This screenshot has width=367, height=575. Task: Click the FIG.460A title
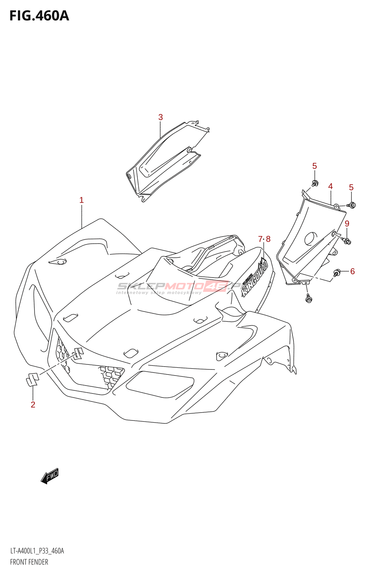39,16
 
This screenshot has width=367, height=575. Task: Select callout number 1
81,200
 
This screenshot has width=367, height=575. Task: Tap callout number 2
33,405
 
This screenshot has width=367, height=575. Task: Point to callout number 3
160,117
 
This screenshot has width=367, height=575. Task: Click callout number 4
330,186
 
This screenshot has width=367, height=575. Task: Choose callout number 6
352,271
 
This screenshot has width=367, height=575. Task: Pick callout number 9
347,224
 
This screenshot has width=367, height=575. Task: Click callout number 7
260,239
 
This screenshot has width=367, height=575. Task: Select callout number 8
268,239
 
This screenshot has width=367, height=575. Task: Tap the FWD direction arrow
50,476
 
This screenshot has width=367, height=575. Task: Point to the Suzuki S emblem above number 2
32,379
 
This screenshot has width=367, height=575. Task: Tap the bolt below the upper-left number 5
315,184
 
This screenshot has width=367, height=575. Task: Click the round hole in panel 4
311,239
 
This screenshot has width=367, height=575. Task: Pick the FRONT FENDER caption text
29,562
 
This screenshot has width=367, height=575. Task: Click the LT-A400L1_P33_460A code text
37,551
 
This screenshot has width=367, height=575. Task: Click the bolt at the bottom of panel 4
308,298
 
